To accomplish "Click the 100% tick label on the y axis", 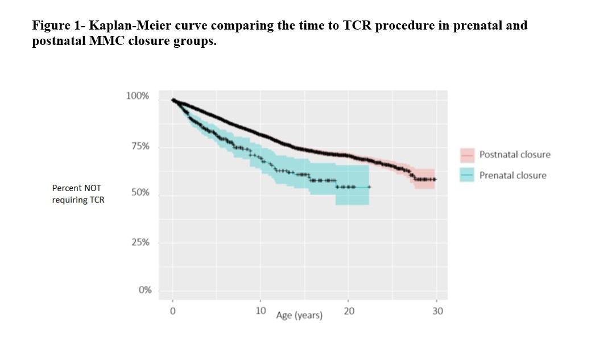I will pos(137,96).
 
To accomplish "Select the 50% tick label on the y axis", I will pos(140,193).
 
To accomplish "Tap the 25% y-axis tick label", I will pos(140,243).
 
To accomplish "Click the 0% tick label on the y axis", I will pos(144,290).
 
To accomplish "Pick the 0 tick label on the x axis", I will pos(172,311).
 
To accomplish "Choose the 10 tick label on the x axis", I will pos(261,311).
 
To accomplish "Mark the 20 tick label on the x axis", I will pos(349,311).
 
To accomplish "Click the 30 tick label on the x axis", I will pos(437,311).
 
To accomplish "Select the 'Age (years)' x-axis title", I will pos(299,315).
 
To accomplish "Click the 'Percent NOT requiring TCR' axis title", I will pos(78,194).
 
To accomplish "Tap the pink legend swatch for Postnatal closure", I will pos(467,155).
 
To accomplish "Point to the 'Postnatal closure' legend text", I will pos(515,155).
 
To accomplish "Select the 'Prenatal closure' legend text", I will pos(513,176).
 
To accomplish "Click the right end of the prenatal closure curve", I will pos(370,187).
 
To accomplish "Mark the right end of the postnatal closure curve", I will pos(436,179).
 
